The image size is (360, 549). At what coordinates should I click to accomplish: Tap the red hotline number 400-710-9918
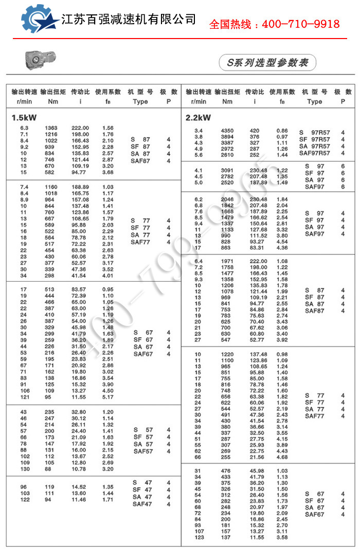point(274,24)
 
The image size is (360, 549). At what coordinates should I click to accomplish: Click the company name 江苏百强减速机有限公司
point(129,20)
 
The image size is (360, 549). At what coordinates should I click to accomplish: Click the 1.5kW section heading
point(24,118)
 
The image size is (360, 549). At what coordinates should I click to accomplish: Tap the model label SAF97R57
point(314,153)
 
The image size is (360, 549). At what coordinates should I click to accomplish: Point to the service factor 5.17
point(107,397)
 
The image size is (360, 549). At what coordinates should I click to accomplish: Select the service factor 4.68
point(282,457)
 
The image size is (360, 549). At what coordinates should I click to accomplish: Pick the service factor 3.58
point(282,537)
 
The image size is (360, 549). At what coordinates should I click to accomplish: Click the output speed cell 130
point(25,469)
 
